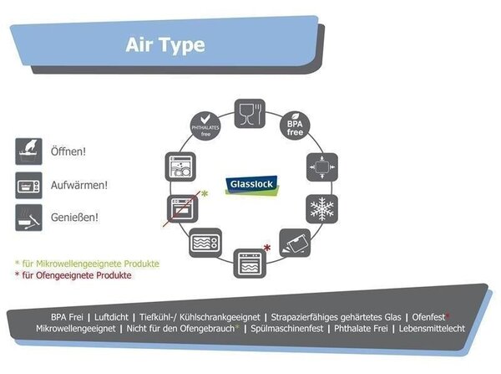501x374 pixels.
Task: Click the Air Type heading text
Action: tap(165, 45)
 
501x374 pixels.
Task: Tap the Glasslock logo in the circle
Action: tap(252, 186)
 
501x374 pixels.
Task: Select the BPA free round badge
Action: tap(295, 126)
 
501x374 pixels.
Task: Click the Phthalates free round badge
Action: tap(205, 126)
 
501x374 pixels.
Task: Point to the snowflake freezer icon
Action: tap(321, 209)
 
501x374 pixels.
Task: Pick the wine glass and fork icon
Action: tap(250, 114)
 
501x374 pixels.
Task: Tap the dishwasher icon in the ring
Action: tap(180, 167)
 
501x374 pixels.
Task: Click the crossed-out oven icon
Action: tap(182, 208)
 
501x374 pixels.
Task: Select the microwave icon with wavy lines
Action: tap(205, 243)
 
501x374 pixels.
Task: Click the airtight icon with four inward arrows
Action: tap(322, 167)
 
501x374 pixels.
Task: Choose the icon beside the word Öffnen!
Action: tap(28, 151)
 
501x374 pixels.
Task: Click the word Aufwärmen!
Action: tap(79, 185)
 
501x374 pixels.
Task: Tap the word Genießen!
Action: tap(74, 218)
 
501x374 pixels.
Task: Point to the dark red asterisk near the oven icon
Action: tap(267, 248)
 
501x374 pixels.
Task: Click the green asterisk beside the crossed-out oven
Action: tap(205, 194)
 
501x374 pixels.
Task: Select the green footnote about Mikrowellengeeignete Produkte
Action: tap(87, 264)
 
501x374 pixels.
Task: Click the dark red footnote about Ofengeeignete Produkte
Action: tap(73, 275)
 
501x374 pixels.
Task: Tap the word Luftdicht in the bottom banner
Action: tap(111, 317)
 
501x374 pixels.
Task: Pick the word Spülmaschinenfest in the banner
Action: tap(287, 329)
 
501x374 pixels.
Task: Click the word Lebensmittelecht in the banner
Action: tap(432, 329)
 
